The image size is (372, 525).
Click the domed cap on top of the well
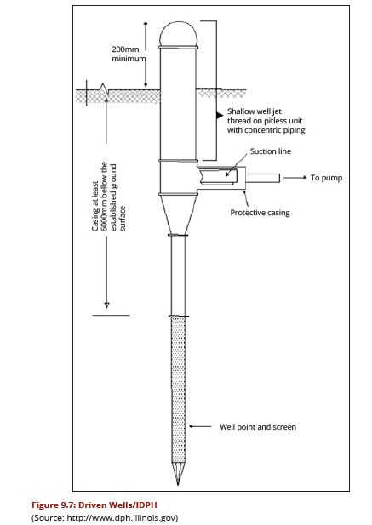[178, 33]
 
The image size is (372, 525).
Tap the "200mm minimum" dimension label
[129, 54]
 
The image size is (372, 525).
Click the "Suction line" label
[271, 151]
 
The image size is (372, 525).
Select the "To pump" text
[326, 178]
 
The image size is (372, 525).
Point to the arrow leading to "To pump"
[295, 178]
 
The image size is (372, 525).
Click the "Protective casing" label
[260, 213]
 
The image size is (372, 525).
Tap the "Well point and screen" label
[258, 427]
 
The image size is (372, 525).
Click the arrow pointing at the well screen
[200, 426]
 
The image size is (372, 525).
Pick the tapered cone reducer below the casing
[178, 214]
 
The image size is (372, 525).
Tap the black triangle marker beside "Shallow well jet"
[220, 116]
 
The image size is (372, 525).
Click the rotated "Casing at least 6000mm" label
[109, 197]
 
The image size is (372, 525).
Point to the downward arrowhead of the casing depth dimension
[106, 305]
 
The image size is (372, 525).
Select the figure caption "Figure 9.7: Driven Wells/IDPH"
[94, 505]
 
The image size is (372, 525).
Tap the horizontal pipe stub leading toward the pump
[263, 178]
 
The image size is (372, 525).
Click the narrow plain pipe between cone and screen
[178, 276]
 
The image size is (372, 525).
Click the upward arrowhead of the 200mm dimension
[146, 24]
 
